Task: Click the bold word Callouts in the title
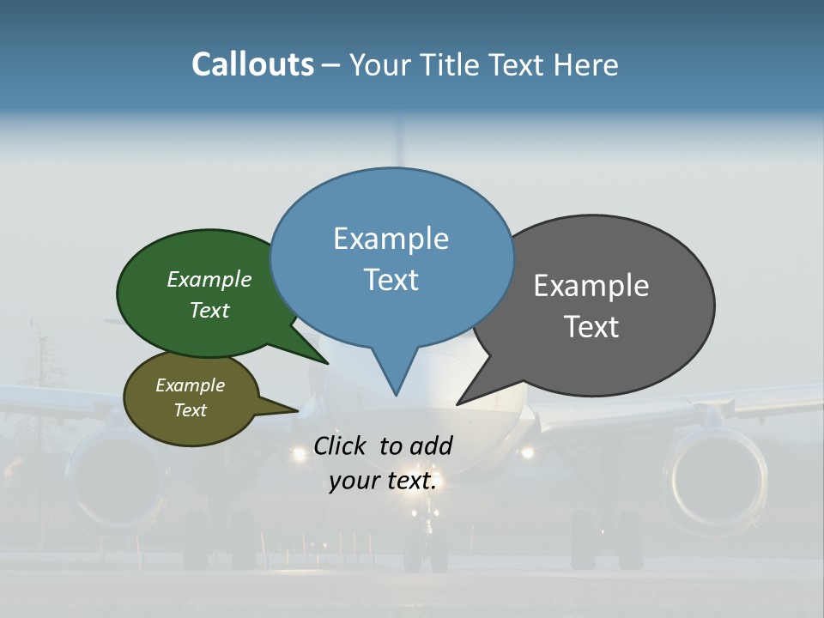click(252, 64)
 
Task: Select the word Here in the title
click(585, 65)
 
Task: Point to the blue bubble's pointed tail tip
click(396, 395)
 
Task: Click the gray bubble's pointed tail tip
click(457, 403)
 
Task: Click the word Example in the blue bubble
click(391, 239)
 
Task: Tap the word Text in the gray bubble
click(591, 327)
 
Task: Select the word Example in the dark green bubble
click(209, 280)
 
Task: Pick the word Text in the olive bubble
click(190, 410)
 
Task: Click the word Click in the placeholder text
click(342, 445)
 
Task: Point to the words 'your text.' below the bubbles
click(383, 481)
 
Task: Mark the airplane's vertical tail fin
click(398, 137)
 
